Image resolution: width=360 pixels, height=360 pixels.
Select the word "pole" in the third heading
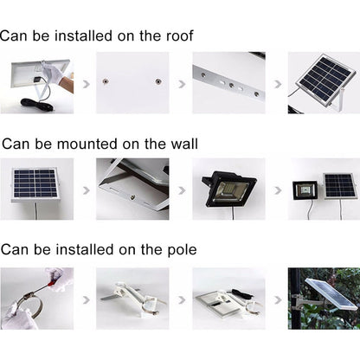pyautogui.click(x=179, y=250)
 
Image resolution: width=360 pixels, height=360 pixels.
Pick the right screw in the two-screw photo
pyautogui.click(x=157, y=81)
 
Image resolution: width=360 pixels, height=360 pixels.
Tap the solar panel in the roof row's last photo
pyautogui.click(x=325, y=80)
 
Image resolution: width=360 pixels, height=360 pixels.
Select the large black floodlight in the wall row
pyautogui.click(x=228, y=188)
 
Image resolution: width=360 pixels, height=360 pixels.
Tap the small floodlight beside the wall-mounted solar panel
pyautogui.click(x=304, y=189)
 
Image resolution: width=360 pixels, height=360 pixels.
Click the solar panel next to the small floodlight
pyautogui.click(x=338, y=185)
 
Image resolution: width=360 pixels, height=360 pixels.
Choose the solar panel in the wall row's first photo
pyautogui.click(x=34, y=183)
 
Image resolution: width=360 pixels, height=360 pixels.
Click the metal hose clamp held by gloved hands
pyautogui.click(x=27, y=304)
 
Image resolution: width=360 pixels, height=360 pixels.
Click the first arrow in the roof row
pyautogui.click(x=84, y=85)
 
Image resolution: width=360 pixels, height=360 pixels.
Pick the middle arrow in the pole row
pyautogui.click(x=182, y=299)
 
